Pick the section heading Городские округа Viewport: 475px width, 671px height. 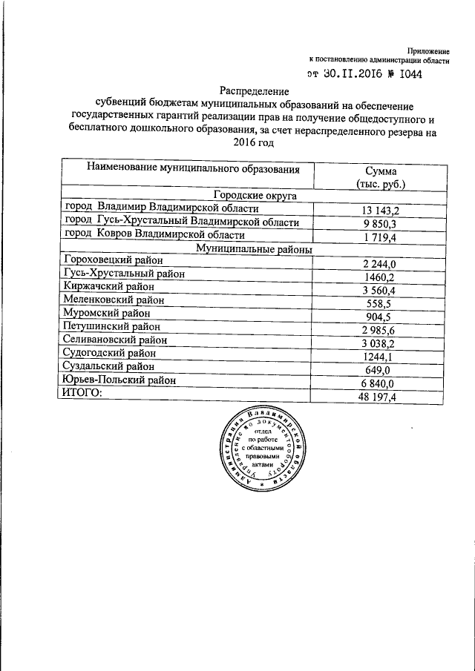click(x=254, y=195)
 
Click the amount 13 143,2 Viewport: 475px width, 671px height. click(x=379, y=210)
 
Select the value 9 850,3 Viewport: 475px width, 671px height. click(x=379, y=223)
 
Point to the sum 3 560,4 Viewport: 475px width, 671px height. click(x=379, y=290)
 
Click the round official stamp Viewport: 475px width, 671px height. click(x=263, y=456)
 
